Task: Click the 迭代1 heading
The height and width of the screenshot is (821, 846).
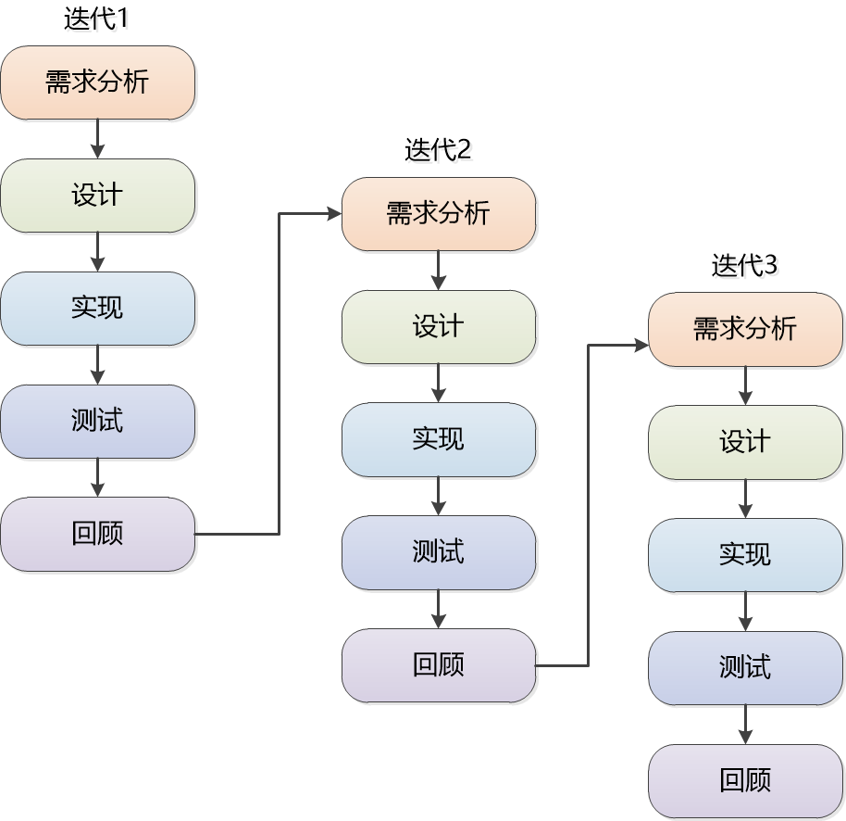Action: pyautogui.click(x=96, y=19)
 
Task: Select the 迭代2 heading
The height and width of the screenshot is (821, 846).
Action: pyautogui.click(x=438, y=149)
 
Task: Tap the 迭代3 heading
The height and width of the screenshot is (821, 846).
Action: pyautogui.click(x=744, y=265)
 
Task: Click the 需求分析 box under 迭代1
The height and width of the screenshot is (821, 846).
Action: pyautogui.click(x=97, y=82)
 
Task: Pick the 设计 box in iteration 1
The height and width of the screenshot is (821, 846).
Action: pyautogui.click(x=97, y=196)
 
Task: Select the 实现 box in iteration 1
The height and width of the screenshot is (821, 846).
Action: pyautogui.click(x=97, y=309)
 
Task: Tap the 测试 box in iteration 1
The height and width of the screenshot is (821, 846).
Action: pyautogui.click(x=97, y=422)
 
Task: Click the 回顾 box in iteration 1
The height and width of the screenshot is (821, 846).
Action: pyautogui.click(x=97, y=535)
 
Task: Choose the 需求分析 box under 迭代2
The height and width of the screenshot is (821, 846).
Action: pyautogui.click(x=439, y=214)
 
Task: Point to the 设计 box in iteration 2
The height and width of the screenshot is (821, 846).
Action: pyautogui.click(x=439, y=327)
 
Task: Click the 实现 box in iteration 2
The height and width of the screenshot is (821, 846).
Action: pyautogui.click(x=439, y=439)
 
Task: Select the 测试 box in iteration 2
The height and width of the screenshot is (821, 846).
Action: pyautogui.click(x=439, y=552)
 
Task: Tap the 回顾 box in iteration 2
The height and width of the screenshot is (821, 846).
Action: pyautogui.click(x=439, y=665)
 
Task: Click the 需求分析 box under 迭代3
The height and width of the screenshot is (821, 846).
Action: pyautogui.click(x=745, y=329)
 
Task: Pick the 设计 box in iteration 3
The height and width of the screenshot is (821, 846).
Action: pyautogui.click(x=745, y=442)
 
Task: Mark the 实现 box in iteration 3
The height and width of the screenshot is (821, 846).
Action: pyautogui.click(x=745, y=555)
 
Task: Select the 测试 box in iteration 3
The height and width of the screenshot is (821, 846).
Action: pyautogui.click(x=745, y=668)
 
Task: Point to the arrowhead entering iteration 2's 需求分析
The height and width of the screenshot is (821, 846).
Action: pyautogui.click(x=335, y=214)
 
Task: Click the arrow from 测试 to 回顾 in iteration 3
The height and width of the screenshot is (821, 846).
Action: pyautogui.click(x=745, y=724)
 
